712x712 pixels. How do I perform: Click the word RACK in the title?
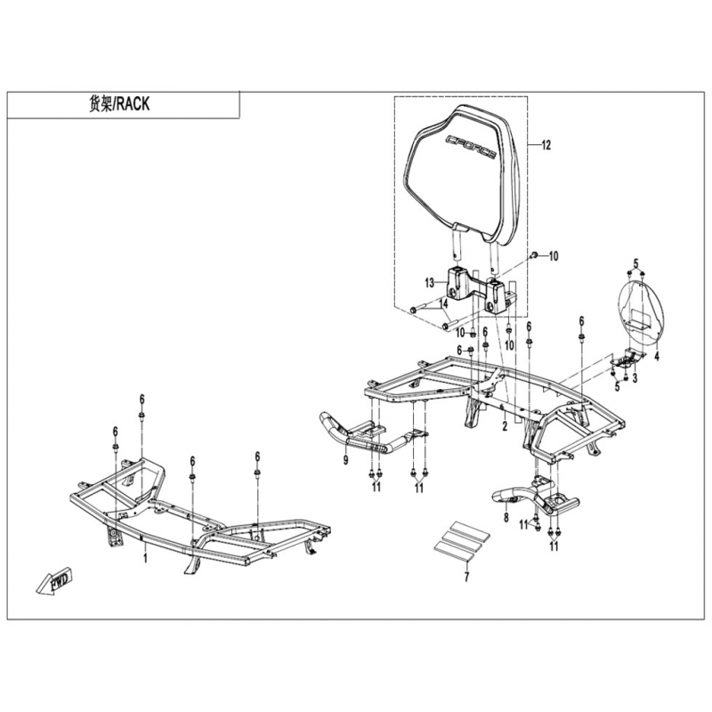(133, 104)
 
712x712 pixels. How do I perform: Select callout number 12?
(546, 145)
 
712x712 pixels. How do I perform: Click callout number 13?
(430, 283)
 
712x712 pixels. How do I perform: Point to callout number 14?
(443, 303)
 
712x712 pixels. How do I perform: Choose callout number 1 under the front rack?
(145, 558)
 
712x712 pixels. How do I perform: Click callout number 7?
(466, 577)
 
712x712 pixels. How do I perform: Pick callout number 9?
(346, 460)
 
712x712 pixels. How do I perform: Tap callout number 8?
(506, 517)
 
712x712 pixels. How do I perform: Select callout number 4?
(656, 357)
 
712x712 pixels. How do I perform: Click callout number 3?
(635, 377)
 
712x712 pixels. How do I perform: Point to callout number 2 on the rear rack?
(505, 425)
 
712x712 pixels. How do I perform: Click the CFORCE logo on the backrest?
(471, 147)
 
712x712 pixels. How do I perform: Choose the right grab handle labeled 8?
(536, 498)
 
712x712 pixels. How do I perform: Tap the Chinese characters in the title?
(100, 104)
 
